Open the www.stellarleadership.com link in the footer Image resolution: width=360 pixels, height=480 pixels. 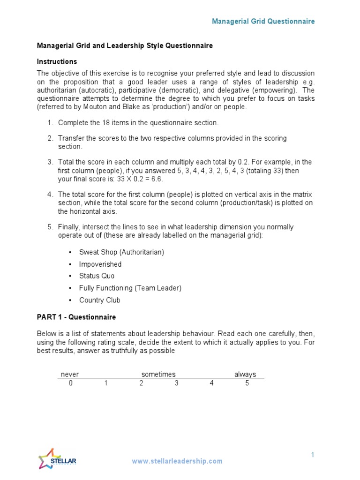pyautogui.click(x=177, y=461)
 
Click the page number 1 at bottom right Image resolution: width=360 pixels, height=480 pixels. pyautogui.click(x=312, y=455)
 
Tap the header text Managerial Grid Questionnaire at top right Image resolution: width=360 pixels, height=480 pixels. pyautogui.click(x=263, y=21)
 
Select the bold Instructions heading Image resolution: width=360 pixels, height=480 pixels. pyautogui.click(x=57, y=61)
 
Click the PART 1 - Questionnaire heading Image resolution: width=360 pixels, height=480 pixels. pyautogui.click(x=76, y=317)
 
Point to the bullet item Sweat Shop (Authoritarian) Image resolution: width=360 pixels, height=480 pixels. pyautogui.click(x=121, y=252)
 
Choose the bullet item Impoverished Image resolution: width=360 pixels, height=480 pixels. pyautogui.click(x=100, y=264)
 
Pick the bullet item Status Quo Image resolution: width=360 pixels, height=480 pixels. pyautogui.click(x=97, y=276)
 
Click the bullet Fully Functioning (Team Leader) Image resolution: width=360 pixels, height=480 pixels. pyautogui.click(x=130, y=288)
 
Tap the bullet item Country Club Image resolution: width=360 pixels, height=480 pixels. pyautogui.click(x=100, y=300)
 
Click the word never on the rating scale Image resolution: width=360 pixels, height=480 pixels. pyautogui.click(x=70, y=374)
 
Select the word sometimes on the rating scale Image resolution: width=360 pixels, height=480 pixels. pyautogui.click(x=158, y=374)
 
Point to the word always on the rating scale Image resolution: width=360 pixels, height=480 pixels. pyautogui.click(x=245, y=374)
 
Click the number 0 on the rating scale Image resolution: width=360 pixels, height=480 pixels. pyautogui.click(x=70, y=383)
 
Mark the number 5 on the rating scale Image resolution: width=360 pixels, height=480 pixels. pyautogui.click(x=247, y=383)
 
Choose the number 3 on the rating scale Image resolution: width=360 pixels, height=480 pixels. pyautogui.click(x=177, y=383)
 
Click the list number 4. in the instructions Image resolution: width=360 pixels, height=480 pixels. pyautogui.click(x=51, y=195)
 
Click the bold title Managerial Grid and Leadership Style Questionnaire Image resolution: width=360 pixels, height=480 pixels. pyautogui.click(x=125, y=45)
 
